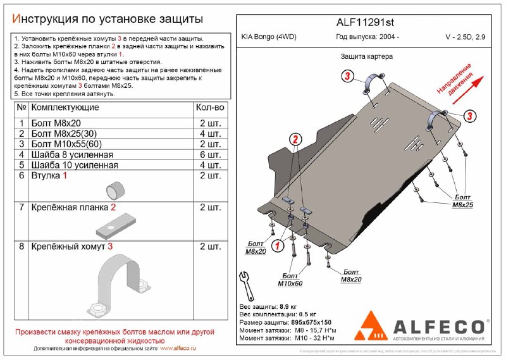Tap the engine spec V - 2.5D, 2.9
pos(462,37)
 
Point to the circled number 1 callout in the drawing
pos(276,246)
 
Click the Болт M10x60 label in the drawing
pos(290,280)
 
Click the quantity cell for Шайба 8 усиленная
pos(210,154)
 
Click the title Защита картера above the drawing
pos(367,56)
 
